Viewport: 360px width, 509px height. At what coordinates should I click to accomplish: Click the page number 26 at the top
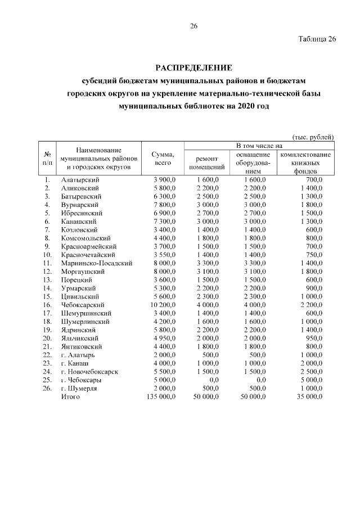click(193, 26)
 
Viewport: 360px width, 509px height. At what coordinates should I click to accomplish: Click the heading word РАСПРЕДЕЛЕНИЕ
click(193, 69)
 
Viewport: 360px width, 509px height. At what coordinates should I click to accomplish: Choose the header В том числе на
click(262, 146)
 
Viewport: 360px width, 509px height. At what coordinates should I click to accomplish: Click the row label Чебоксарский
click(81, 304)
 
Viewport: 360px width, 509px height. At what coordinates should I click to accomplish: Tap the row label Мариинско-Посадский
click(97, 263)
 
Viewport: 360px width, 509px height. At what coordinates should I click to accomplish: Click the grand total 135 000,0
click(160, 397)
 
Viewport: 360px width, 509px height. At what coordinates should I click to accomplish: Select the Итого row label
click(70, 397)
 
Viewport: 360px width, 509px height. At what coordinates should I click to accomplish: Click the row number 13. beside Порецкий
click(47, 280)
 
